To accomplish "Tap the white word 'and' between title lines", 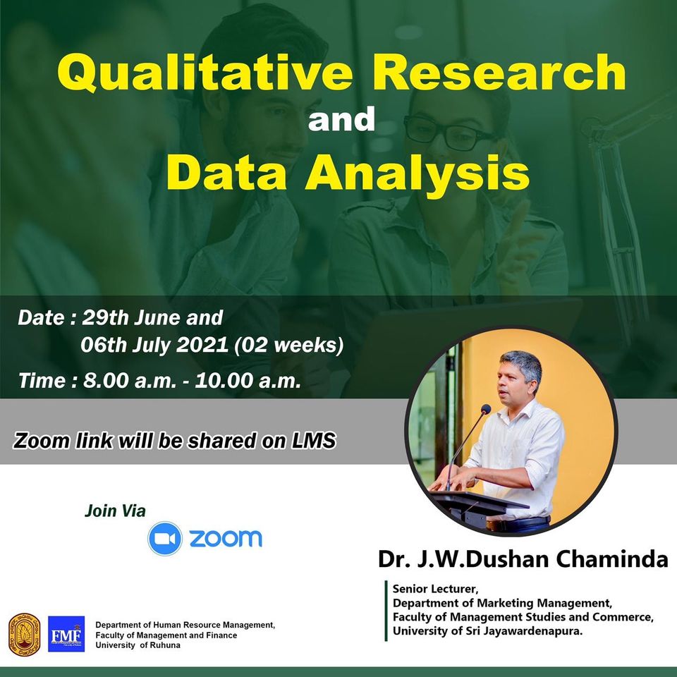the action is tap(341, 119).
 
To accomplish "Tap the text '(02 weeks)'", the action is tap(289, 346).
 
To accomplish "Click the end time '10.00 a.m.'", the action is tap(248, 381).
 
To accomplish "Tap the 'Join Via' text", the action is tap(115, 511).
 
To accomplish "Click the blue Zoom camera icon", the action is tap(165, 538).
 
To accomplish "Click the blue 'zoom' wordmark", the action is tap(226, 538).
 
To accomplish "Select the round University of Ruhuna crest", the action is tap(25, 635).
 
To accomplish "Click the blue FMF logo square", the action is tap(66, 634).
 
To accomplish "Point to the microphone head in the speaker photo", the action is tap(486, 409).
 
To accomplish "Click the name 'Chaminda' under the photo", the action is tap(612, 559).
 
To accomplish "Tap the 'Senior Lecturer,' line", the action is tap(435, 589).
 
